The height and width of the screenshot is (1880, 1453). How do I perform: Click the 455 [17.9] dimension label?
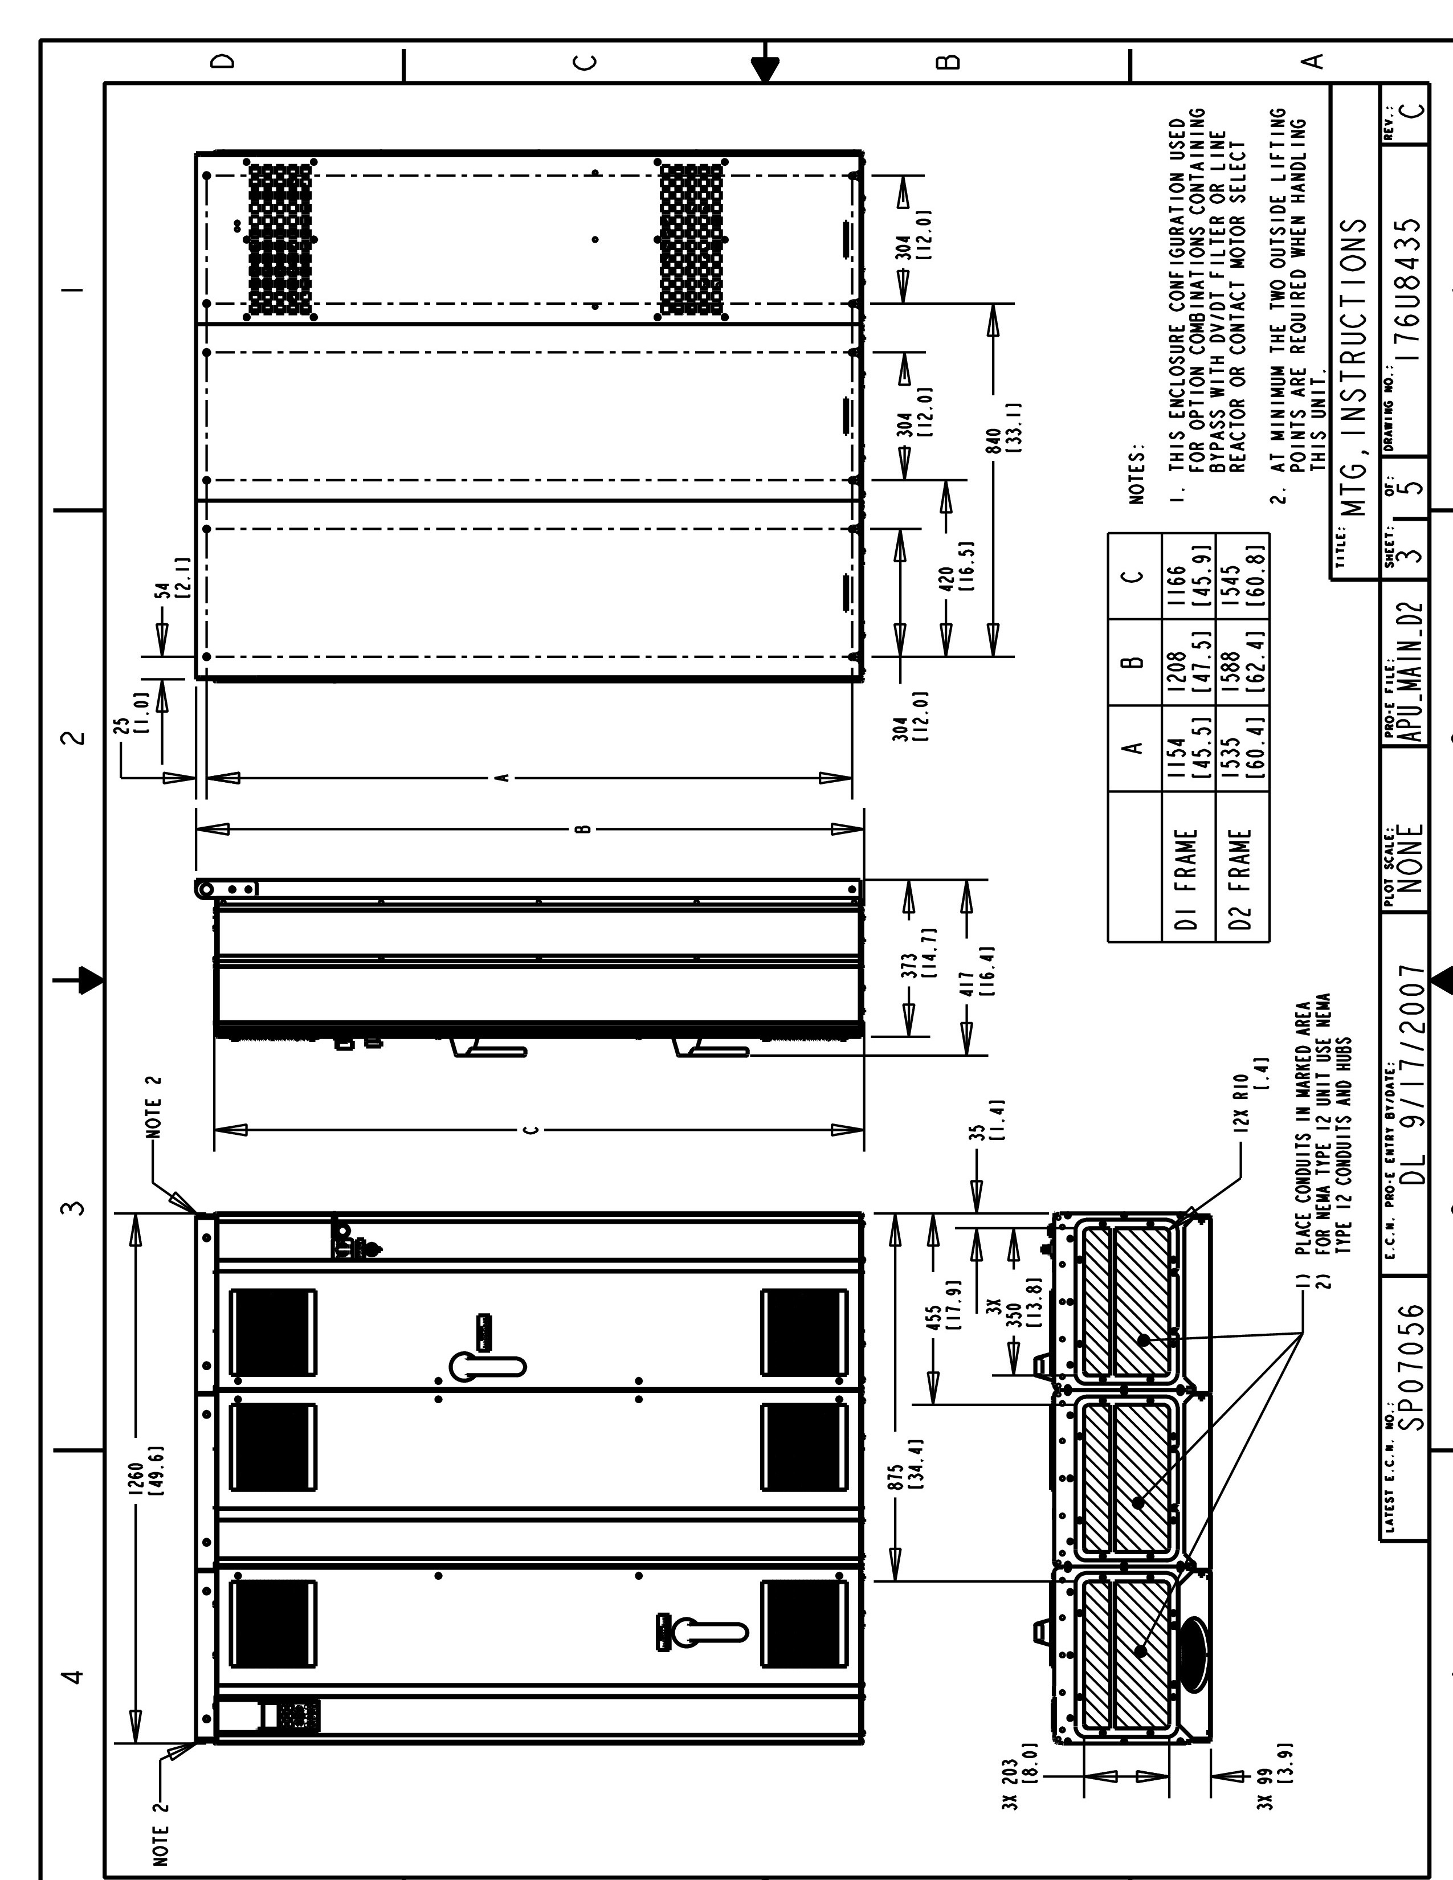click(x=954, y=1332)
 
